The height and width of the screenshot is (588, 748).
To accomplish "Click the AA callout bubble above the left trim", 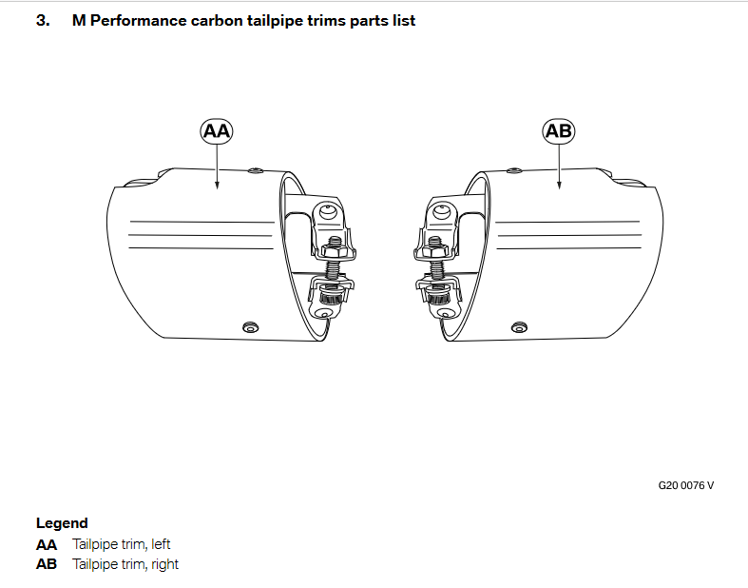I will pyautogui.click(x=217, y=131).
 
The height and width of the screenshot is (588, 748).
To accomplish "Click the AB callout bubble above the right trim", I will pyautogui.click(x=559, y=131).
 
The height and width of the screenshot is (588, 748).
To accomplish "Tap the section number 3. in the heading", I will pyautogui.click(x=43, y=20).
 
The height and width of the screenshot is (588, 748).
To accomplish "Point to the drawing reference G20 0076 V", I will pyautogui.click(x=685, y=484).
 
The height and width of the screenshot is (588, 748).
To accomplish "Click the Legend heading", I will pyautogui.click(x=62, y=522).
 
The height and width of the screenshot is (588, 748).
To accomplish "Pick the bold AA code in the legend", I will pyautogui.click(x=47, y=544).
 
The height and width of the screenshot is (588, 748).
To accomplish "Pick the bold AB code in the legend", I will pyautogui.click(x=47, y=564).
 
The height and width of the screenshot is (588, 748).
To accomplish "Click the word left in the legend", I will pyautogui.click(x=161, y=544).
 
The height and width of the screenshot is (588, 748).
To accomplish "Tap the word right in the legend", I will pyautogui.click(x=163, y=564).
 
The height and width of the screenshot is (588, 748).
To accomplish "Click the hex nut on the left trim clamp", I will pyautogui.click(x=333, y=249).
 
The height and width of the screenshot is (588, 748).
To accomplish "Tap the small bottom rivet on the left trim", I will pyautogui.click(x=250, y=327).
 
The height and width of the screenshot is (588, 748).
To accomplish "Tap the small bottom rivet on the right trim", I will pyautogui.click(x=518, y=327).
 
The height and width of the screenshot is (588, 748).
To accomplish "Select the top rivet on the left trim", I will pyautogui.click(x=255, y=171).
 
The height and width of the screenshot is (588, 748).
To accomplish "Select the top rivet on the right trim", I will pyautogui.click(x=514, y=171).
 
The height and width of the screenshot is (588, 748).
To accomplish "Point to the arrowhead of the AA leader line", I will pyautogui.click(x=217, y=186).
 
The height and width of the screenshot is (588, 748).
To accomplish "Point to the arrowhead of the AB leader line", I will pyautogui.click(x=559, y=186).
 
